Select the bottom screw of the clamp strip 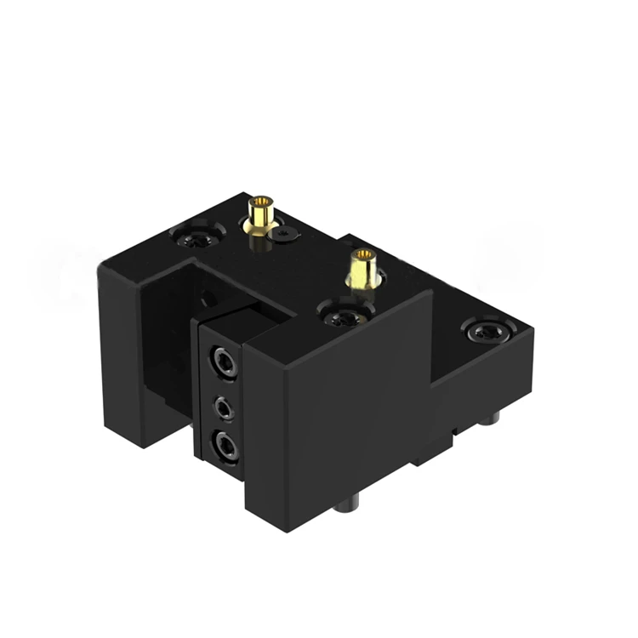tap(225, 445)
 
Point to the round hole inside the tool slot tap(208, 300)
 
